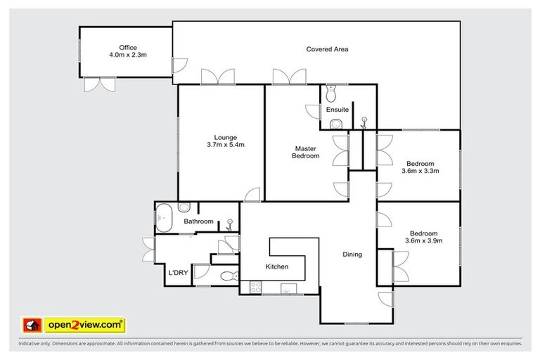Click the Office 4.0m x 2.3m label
coord(127,51)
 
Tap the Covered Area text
coord(327,49)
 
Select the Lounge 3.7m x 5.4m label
coord(225,141)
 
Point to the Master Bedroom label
coord(306,152)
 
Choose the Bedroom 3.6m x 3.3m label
coord(421,167)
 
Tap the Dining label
coord(352,255)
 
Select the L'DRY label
coord(176,273)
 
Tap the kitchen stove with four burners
coord(254,287)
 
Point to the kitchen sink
coord(287,287)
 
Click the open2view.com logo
coord(75,324)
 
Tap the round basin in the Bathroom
coord(184,207)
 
